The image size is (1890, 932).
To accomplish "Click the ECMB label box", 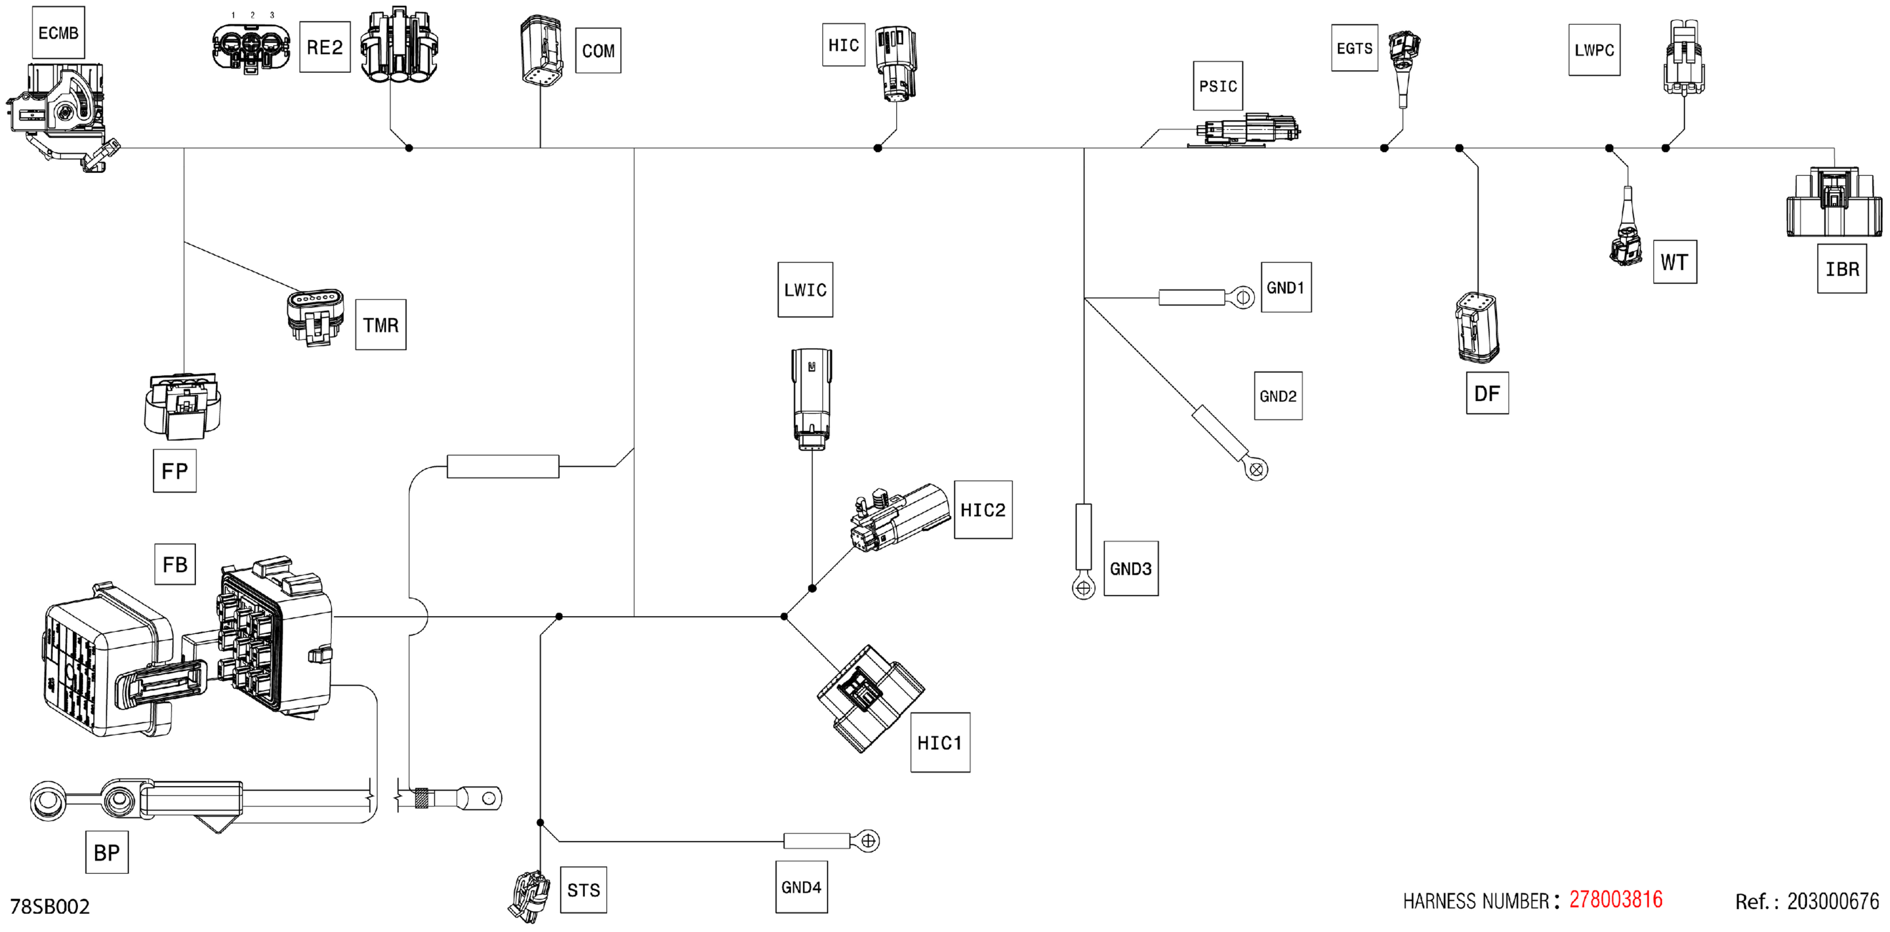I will pyautogui.click(x=58, y=33).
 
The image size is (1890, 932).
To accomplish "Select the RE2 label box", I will pyautogui.click(x=324, y=48).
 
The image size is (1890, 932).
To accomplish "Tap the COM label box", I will pyautogui.click(x=598, y=50).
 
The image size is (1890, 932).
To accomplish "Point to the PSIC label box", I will pyautogui.click(x=1218, y=86).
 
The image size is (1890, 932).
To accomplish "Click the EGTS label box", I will pyautogui.click(x=1354, y=48).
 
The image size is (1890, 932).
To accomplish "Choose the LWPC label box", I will pyautogui.click(x=1594, y=50).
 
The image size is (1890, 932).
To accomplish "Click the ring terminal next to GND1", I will pyautogui.click(x=1243, y=298).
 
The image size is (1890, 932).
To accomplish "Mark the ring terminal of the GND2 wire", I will pyautogui.click(x=1256, y=469).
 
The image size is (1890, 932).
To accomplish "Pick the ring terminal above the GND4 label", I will pyautogui.click(x=868, y=841).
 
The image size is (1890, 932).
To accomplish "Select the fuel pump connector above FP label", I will pyautogui.click(x=183, y=406).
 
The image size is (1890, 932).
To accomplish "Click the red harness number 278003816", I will pyautogui.click(x=1616, y=900).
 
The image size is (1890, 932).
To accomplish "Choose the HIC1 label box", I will pyautogui.click(x=940, y=743).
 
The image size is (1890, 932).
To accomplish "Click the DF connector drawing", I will pyautogui.click(x=1476, y=328).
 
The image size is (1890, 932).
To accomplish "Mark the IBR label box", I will pyautogui.click(x=1842, y=269).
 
